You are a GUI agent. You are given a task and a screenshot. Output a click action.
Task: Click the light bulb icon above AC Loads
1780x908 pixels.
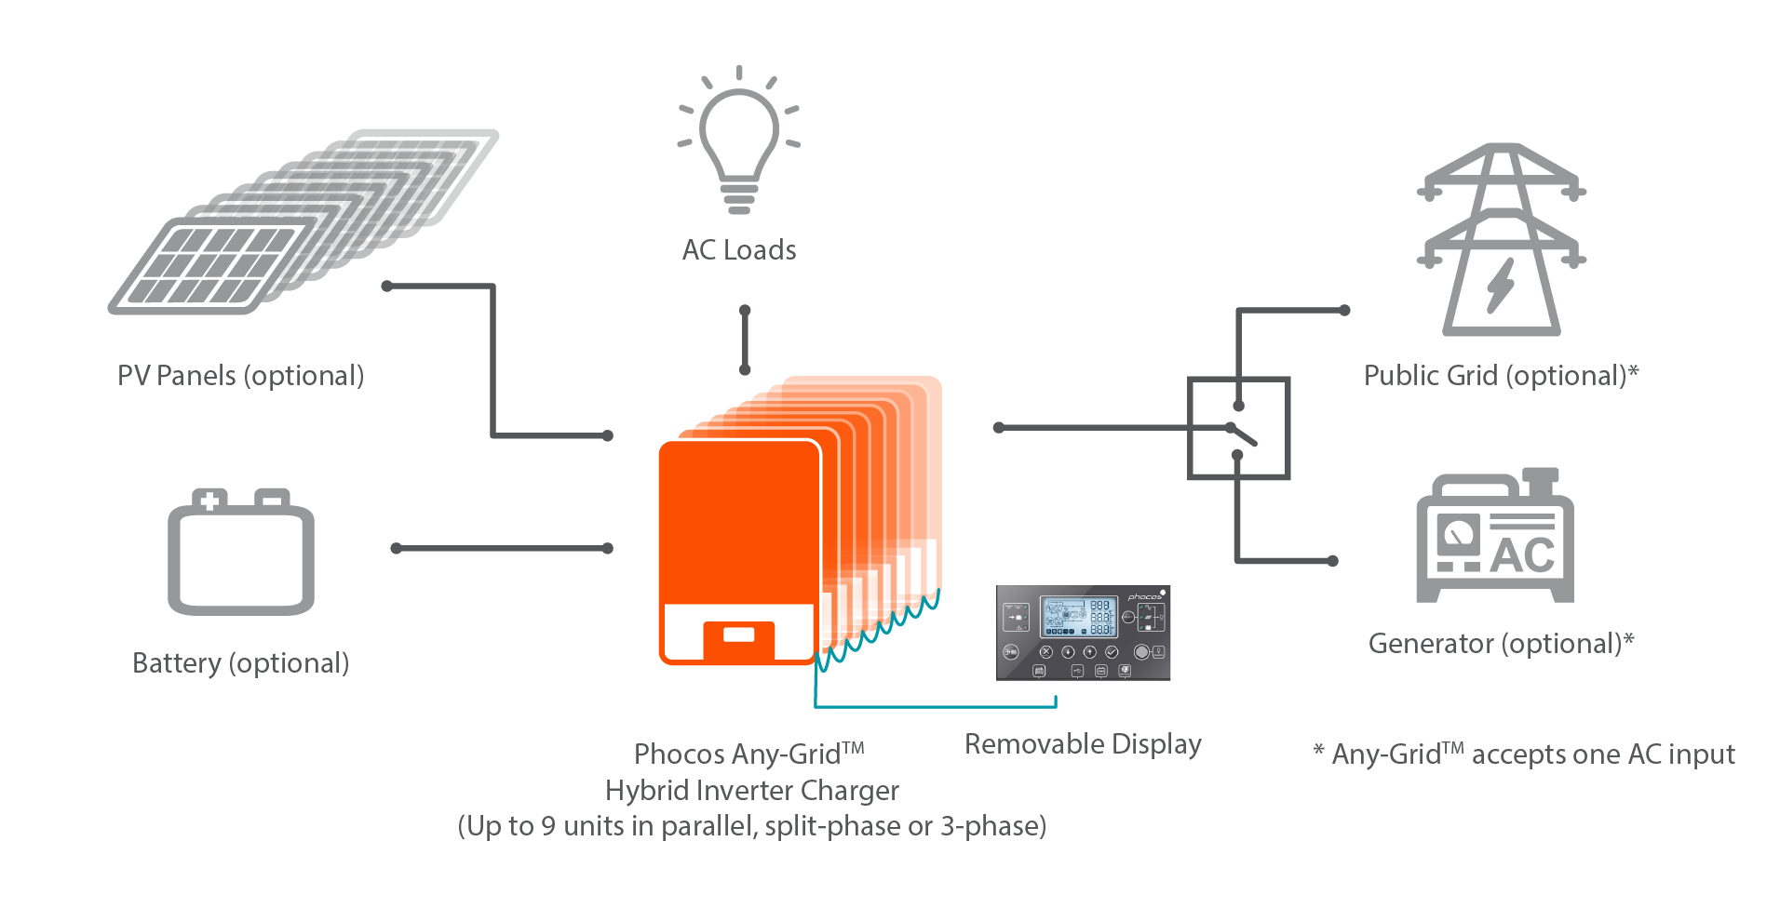(739, 140)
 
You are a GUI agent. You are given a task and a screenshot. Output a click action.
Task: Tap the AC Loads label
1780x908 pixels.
(739, 250)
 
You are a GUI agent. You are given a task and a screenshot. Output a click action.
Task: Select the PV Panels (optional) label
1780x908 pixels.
(240, 376)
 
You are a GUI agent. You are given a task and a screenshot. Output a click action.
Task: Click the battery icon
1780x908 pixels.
(240, 554)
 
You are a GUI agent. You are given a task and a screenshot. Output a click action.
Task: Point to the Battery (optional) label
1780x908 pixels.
(240, 663)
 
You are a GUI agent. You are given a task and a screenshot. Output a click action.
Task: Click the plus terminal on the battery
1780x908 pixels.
(210, 501)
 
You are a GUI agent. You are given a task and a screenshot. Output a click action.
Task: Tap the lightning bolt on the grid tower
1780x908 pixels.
(1500, 285)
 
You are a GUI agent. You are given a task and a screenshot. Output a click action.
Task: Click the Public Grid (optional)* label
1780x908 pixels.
(1501, 376)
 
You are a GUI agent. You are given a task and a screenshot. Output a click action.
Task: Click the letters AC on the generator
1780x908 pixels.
(1523, 555)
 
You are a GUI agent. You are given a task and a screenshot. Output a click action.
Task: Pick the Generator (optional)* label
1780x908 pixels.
(1501, 644)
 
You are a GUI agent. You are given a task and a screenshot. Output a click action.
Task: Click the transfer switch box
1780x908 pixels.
(1238, 428)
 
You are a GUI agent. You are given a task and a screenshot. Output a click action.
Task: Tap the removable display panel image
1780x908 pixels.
(1083, 633)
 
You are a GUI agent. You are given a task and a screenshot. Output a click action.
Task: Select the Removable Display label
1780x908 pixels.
(1083, 744)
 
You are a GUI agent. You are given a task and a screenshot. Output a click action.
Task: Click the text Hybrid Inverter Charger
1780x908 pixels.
(751, 791)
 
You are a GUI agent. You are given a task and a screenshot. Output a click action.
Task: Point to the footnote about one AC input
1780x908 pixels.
(1524, 754)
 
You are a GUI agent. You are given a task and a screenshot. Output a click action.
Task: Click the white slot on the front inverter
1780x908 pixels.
(739, 635)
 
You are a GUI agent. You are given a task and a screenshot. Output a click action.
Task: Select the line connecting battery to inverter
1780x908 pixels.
(502, 549)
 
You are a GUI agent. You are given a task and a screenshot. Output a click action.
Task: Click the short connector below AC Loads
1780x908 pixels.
(745, 340)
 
